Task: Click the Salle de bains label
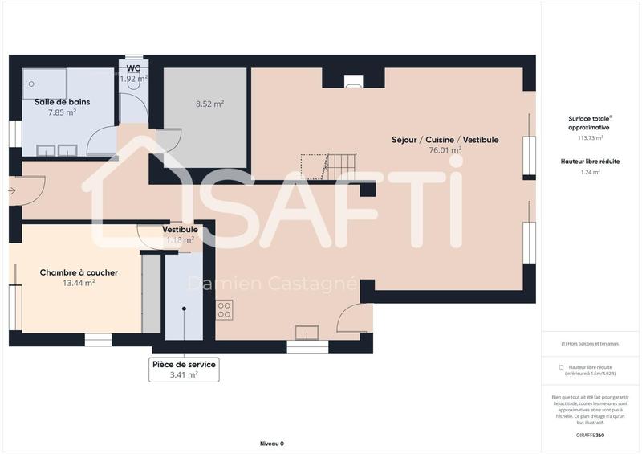[62, 102]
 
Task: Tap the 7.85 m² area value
[62, 112]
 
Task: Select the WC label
[134, 68]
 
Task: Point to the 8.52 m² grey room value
[209, 104]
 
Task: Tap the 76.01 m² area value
[445, 149]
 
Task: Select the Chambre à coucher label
[79, 272]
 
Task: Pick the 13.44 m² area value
[79, 283]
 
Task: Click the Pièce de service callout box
[184, 369]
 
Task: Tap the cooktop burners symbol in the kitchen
[225, 309]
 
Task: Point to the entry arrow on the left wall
[11, 190]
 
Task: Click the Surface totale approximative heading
[589, 122]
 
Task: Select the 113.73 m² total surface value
[589, 137]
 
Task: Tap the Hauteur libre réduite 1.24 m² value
[590, 171]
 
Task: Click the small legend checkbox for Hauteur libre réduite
[561, 366]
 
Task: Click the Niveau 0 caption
[271, 444]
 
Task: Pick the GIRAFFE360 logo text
[589, 435]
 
